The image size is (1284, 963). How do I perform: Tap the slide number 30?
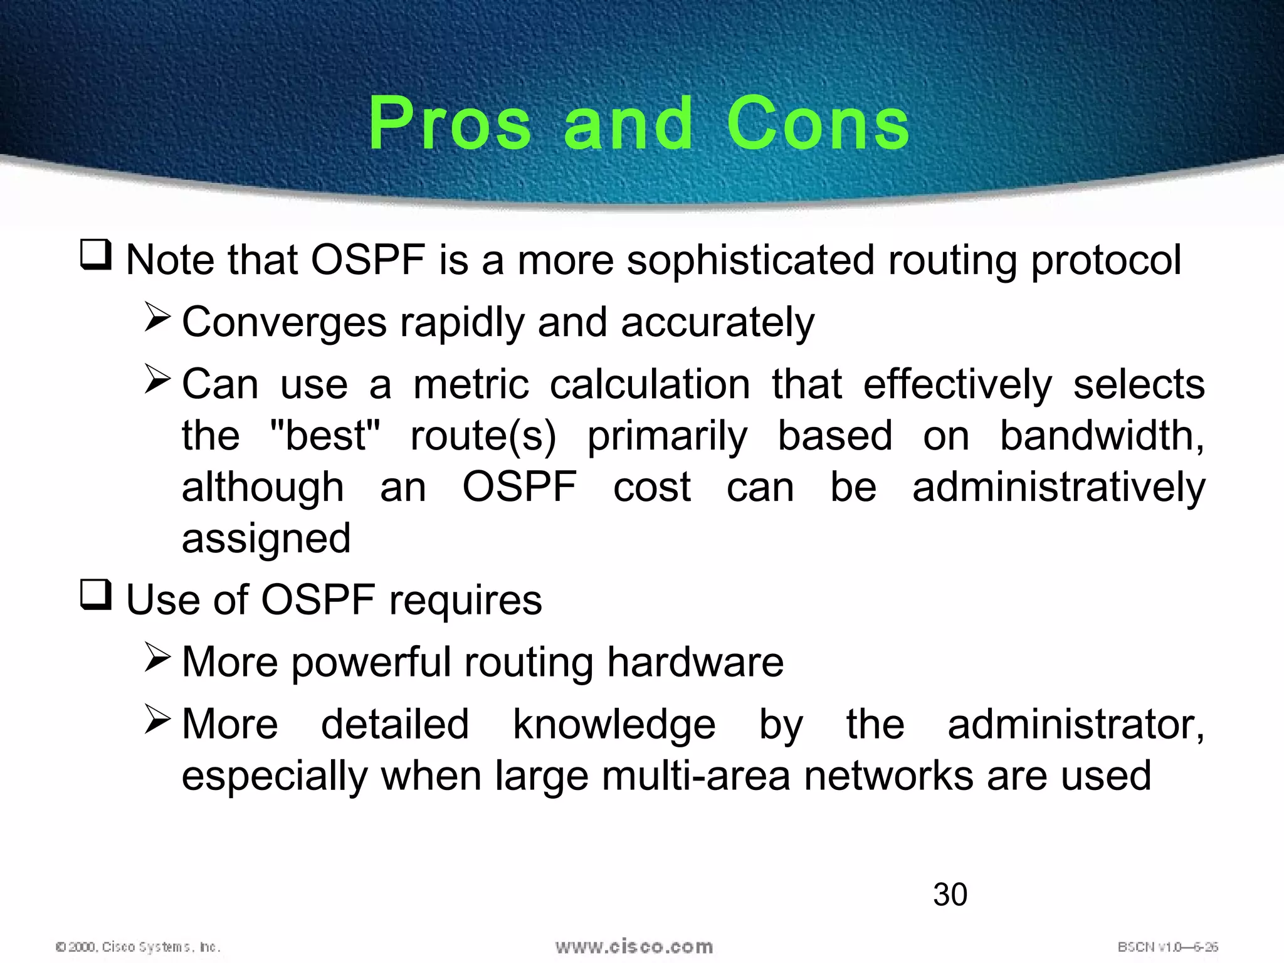(950, 894)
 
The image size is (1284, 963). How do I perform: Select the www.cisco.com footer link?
(634, 946)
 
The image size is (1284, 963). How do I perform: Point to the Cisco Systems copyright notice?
(138, 946)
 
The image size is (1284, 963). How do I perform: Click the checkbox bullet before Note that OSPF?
(96, 255)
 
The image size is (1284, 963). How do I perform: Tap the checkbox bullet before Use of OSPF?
(96, 595)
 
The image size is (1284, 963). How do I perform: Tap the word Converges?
(284, 324)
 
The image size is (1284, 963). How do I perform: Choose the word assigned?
(266, 539)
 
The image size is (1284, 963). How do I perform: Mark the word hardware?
(695, 662)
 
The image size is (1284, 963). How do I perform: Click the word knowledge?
(614, 725)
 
